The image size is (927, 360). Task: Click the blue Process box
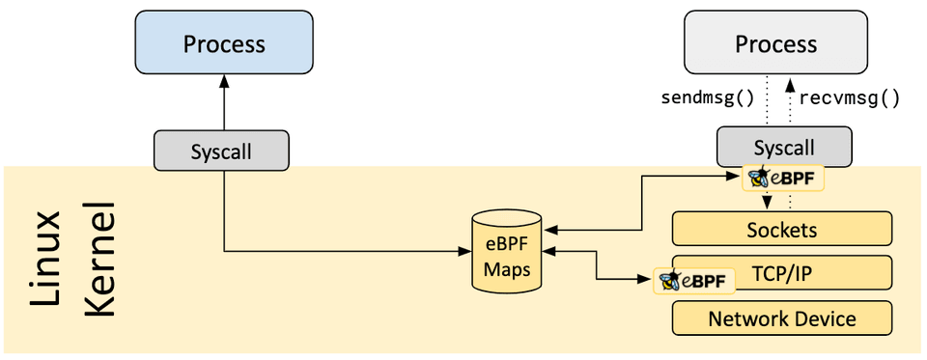coord(224,44)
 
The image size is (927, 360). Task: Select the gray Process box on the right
coord(775,44)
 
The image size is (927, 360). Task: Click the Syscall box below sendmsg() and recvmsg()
coord(784,148)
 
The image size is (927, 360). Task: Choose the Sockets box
coord(781,230)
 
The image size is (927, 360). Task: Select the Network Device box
coord(781,318)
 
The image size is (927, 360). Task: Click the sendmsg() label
coord(707,97)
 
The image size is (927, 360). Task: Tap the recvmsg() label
coord(850,97)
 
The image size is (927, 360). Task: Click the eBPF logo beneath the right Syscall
coord(783,179)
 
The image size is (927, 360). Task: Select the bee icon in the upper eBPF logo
coord(757,178)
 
